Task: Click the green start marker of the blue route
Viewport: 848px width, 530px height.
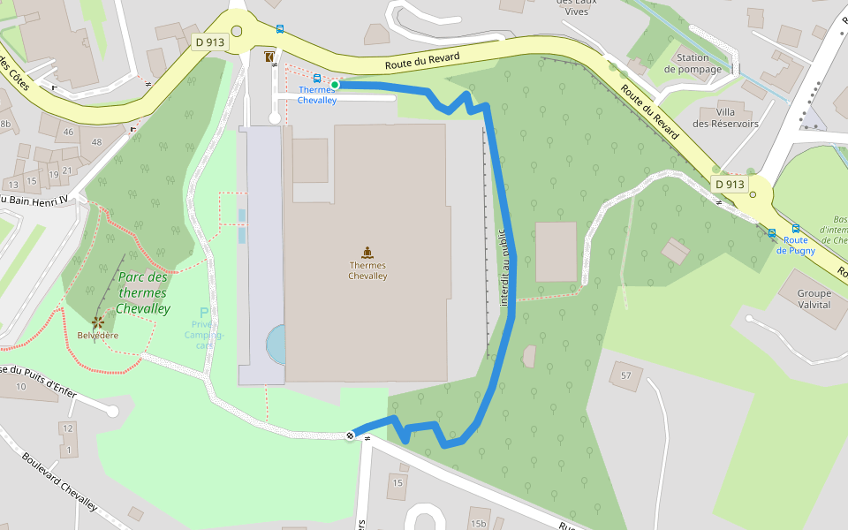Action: pos(335,85)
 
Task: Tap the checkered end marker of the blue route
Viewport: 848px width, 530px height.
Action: pos(352,435)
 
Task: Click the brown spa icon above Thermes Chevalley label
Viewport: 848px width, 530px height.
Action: pos(367,252)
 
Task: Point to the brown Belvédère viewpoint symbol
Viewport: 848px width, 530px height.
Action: pos(97,322)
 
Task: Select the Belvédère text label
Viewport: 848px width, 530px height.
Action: pos(97,336)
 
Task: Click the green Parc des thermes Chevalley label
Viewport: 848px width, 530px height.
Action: pos(142,292)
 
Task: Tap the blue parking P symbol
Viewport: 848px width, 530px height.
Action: pos(204,313)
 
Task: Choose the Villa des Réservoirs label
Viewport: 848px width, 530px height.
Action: pos(725,118)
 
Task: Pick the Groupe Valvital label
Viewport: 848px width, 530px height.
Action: pos(814,299)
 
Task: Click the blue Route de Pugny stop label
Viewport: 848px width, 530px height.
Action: pos(795,245)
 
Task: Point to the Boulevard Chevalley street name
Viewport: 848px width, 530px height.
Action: pos(59,482)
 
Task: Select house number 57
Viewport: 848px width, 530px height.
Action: pos(626,376)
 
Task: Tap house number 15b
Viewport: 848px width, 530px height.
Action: pos(478,524)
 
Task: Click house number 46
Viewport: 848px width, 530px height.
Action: pos(69,132)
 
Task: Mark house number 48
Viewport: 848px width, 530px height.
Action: pos(95,142)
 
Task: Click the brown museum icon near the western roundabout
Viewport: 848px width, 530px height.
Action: pos(269,57)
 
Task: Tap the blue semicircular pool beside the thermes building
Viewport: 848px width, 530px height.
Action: pos(276,344)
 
